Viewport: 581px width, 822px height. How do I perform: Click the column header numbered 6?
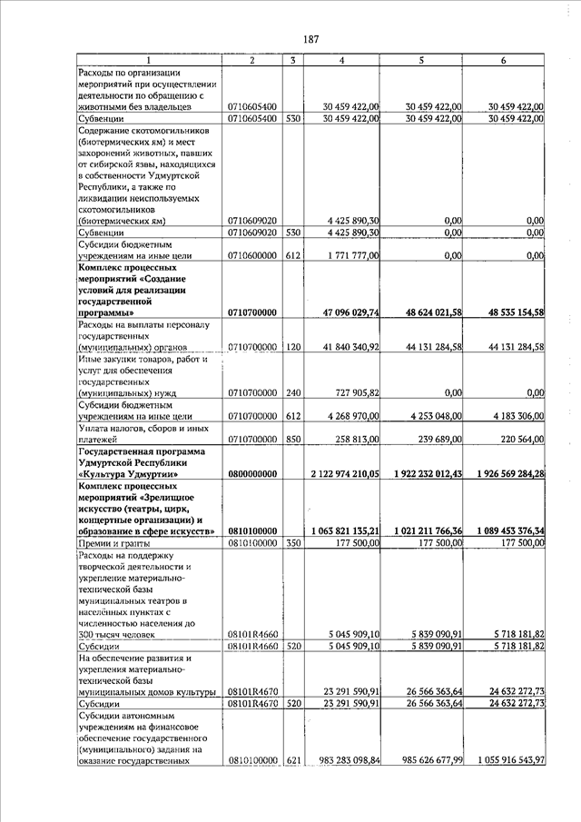point(503,60)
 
